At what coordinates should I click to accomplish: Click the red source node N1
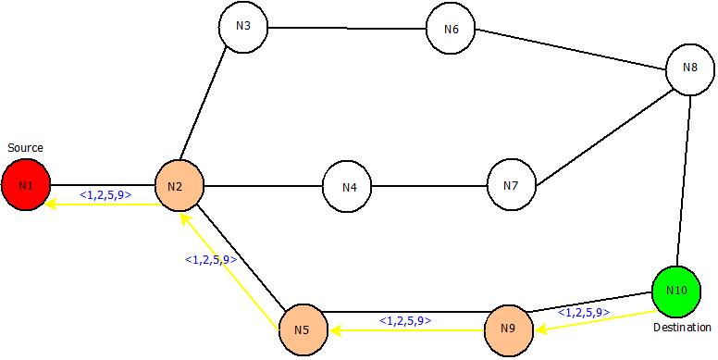25,186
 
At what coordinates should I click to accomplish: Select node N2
178,186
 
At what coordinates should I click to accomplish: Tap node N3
243,26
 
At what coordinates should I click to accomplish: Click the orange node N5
303,329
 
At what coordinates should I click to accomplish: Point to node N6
451,29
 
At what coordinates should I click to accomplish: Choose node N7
512,186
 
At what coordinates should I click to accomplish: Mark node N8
690,68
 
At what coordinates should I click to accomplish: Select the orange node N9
510,329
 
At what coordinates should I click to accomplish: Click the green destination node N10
676,291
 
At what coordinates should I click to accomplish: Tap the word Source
25,148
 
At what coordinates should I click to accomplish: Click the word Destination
682,328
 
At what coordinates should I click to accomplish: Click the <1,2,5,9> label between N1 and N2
105,195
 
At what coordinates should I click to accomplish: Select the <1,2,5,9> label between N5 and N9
404,321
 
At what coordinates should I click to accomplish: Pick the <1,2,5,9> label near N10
583,313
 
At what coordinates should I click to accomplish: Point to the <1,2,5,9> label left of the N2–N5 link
211,260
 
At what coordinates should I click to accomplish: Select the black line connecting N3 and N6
347,27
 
